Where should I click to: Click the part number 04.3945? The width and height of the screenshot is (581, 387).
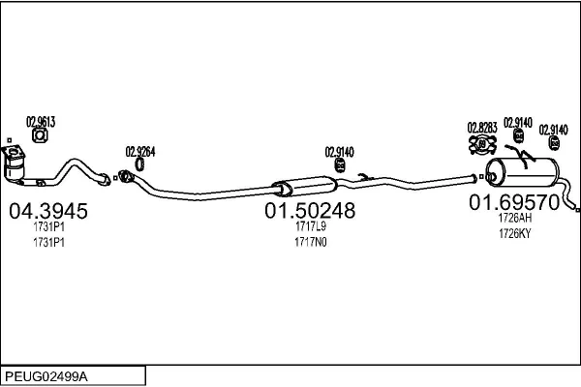click(x=48, y=211)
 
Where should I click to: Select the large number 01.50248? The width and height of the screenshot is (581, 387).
click(x=310, y=211)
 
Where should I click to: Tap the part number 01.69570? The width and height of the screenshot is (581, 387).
click(x=514, y=202)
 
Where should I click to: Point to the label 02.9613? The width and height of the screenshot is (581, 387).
click(x=41, y=122)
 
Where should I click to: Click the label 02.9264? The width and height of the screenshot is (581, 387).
click(x=140, y=152)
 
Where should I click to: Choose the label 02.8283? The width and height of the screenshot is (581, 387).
click(x=482, y=128)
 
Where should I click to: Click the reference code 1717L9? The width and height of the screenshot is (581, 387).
click(x=311, y=226)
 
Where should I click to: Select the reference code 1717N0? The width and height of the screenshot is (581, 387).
click(x=311, y=242)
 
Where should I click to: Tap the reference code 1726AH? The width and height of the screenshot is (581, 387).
click(x=515, y=218)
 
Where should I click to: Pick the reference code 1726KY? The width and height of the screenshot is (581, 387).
click(x=515, y=234)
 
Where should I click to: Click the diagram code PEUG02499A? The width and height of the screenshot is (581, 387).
click(x=46, y=377)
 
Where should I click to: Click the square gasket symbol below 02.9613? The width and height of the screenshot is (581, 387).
click(x=40, y=135)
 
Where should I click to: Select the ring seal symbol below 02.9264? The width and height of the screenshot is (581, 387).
click(x=139, y=164)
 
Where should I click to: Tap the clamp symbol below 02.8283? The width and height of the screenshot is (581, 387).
click(x=482, y=144)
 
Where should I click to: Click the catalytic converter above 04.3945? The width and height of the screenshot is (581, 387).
click(x=14, y=164)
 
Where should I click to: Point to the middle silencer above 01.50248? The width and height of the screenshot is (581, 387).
click(x=305, y=187)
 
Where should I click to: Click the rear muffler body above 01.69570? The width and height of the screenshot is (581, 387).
click(x=522, y=172)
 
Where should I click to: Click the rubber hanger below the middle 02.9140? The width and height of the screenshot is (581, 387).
click(x=340, y=165)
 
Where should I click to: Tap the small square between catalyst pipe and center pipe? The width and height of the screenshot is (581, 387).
click(x=115, y=178)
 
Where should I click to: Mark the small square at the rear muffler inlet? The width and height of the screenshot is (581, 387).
click(x=481, y=177)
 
